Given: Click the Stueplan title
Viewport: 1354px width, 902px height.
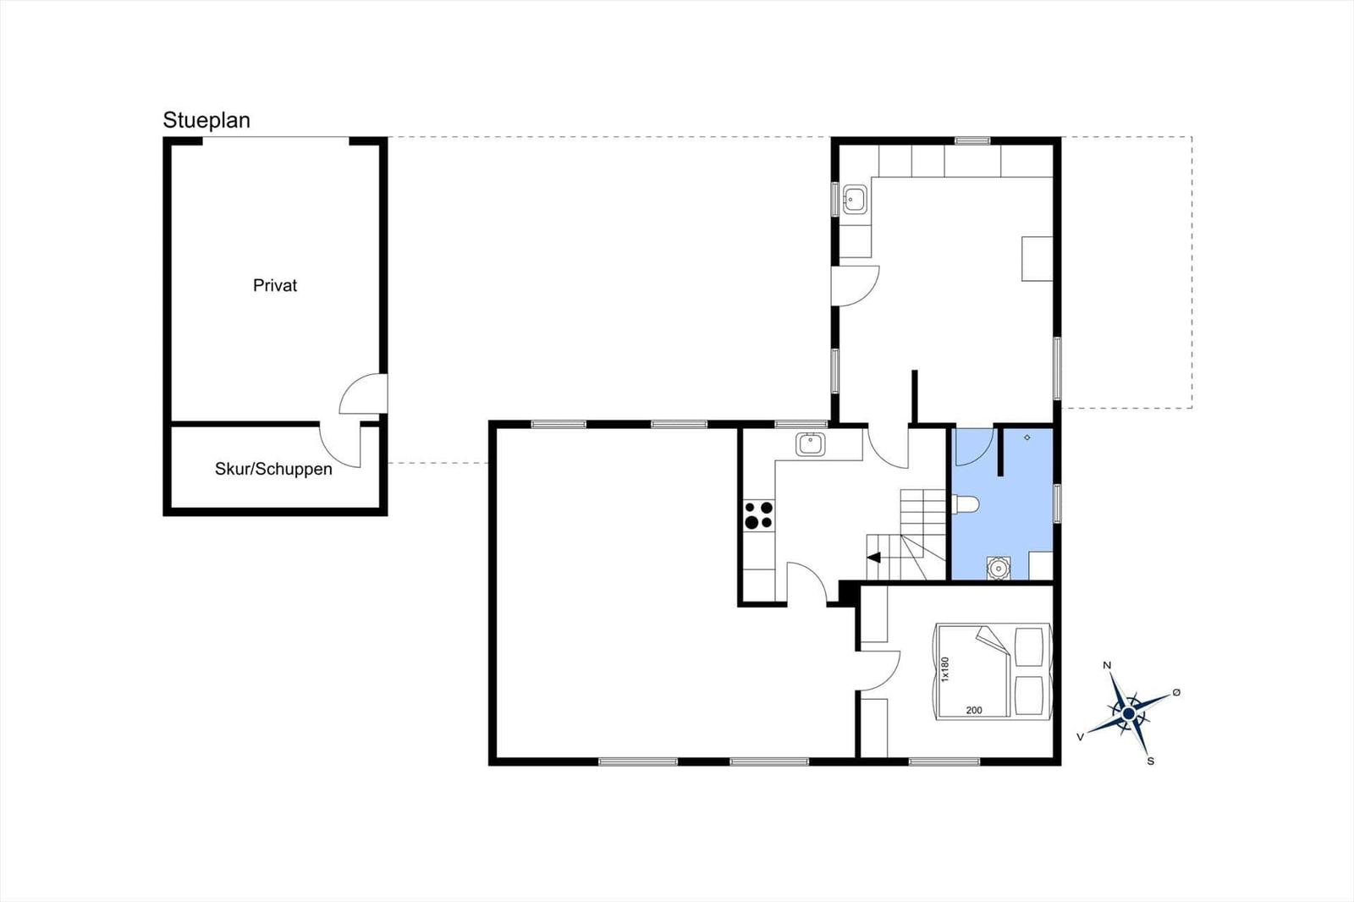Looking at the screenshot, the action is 206,120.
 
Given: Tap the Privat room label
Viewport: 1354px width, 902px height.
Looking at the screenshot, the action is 275,285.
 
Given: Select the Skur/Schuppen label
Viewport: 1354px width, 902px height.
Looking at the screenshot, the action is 273,469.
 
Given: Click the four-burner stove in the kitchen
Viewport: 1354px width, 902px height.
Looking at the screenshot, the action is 758,515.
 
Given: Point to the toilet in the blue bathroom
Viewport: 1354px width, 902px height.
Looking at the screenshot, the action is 966,504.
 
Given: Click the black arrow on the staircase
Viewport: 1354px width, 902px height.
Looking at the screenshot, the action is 874,558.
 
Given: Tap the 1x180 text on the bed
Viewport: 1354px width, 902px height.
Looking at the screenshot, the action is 945,669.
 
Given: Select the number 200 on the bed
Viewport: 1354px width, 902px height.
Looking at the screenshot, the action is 974,711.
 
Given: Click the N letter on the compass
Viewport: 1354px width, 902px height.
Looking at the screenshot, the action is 1107,666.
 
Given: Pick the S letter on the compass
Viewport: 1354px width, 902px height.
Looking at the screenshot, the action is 1150,762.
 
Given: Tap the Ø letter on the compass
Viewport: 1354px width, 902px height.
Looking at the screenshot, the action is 1176,692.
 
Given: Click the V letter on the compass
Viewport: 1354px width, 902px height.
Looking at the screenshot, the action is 1080,737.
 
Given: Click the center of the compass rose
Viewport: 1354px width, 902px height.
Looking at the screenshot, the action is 1128,714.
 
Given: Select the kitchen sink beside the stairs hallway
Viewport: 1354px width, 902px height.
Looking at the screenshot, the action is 811,444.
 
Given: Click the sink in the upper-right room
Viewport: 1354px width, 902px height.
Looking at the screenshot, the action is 855,200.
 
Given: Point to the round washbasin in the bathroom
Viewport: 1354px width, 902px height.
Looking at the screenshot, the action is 999,569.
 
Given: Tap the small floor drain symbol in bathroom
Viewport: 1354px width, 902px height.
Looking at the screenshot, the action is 1027,437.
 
